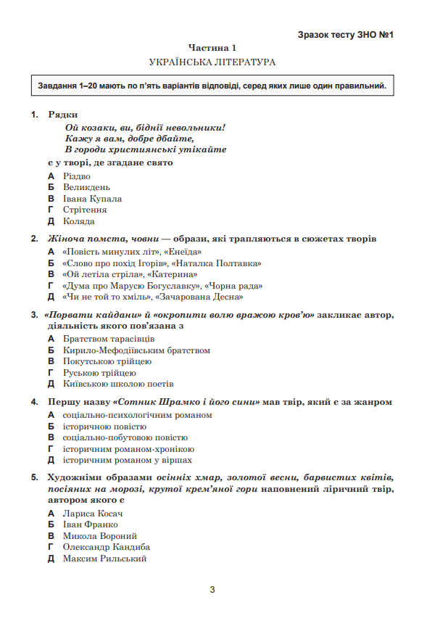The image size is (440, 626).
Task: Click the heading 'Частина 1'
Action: pyautogui.click(x=212, y=48)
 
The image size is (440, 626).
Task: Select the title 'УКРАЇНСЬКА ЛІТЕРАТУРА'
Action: pyautogui.click(x=212, y=62)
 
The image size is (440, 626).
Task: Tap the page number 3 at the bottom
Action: pyautogui.click(x=212, y=589)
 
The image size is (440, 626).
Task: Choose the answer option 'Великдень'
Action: pyautogui.click(x=86, y=187)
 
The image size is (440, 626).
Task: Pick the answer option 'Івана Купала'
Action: pyautogui.click(x=92, y=199)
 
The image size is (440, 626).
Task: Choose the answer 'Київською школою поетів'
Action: pyautogui.click(x=118, y=384)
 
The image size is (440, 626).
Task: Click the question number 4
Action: pyautogui.click(x=34, y=401)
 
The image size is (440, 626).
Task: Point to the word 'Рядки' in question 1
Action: pyautogui.click(x=62, y=115)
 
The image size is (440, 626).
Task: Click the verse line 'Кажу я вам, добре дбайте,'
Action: pyautogui.click(x=130, y=138)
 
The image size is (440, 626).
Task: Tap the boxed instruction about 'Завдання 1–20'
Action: pyautogui.click(x=212, y=86)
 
